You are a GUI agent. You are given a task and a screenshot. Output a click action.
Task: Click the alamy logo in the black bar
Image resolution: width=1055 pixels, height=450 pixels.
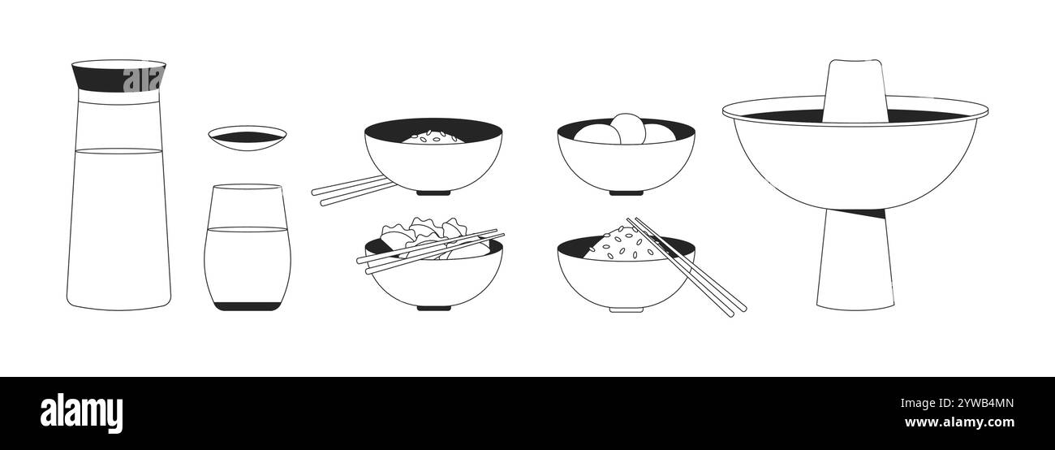click(81, 412)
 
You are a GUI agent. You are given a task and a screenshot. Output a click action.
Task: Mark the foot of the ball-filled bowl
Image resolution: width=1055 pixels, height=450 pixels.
click(626, 193)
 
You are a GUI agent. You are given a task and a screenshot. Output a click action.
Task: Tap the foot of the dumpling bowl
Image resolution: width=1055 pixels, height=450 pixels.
click(433, 307)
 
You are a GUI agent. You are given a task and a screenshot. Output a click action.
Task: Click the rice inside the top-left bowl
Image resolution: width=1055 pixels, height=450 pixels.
click(433, 137)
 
